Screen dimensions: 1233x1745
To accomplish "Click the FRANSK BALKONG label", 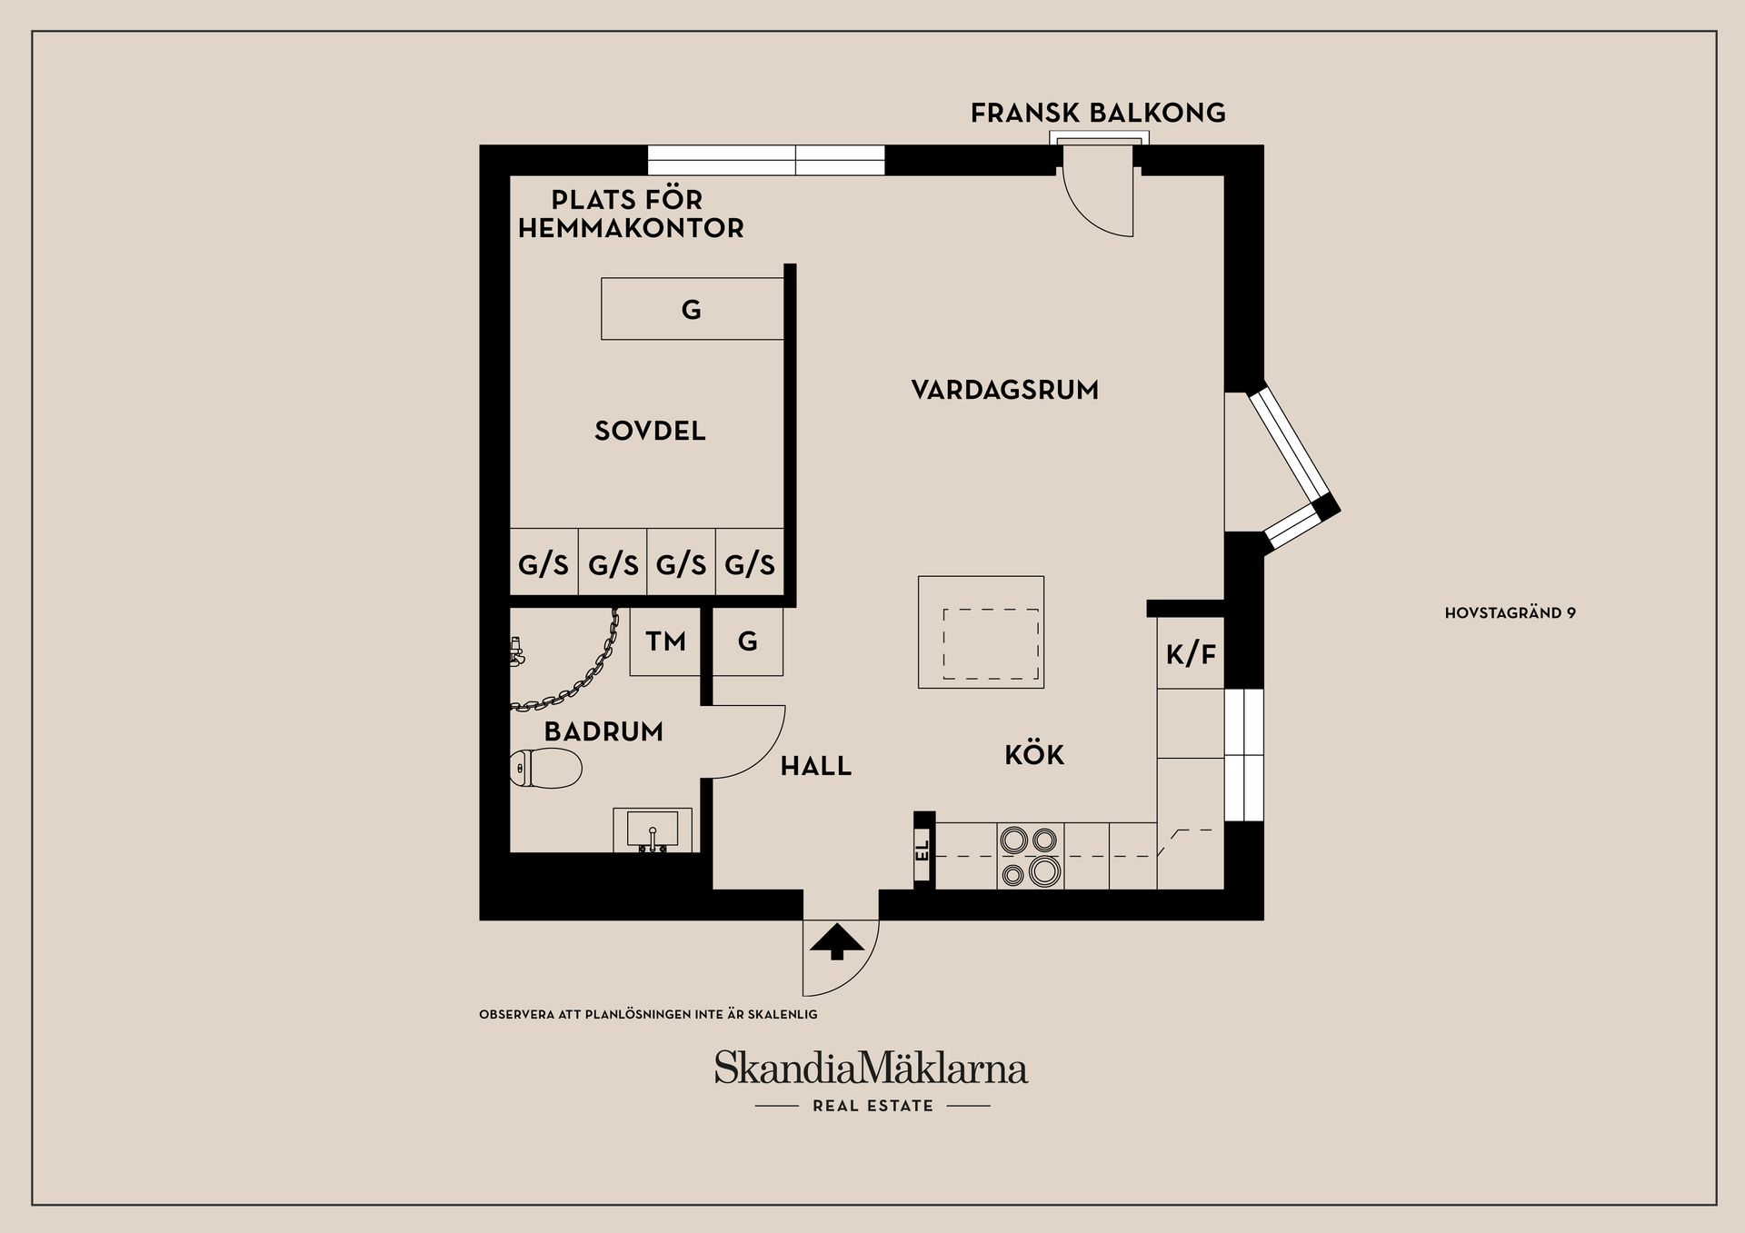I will coord(1098,113).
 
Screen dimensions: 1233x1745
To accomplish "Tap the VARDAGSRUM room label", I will coord(1004,390).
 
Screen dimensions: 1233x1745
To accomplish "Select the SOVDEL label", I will coord(650,431).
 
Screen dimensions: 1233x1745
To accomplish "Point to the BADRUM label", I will coord(603,731).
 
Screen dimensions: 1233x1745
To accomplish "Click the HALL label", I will coord(815,767).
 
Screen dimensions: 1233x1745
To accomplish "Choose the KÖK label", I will coord(1034,755).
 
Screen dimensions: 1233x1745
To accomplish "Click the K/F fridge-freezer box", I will coord(1191,653).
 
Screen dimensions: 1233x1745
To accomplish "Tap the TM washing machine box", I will coord(665,642).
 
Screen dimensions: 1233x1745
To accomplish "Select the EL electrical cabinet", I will coord(923,850).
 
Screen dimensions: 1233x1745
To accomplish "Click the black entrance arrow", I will coord(837,942).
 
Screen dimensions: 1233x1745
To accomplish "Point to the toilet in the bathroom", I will coord(546,769).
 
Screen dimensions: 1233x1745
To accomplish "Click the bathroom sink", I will coord(652,830).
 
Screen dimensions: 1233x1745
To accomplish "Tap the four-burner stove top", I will coord(1030,856).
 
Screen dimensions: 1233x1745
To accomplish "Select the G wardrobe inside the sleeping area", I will coord(692,309).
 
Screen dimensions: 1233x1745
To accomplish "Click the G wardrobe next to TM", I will coord(747,642).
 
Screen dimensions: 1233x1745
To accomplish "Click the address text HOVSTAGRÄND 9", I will coord(1510,613).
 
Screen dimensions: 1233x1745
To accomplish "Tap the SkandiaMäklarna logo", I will coord(871,1069).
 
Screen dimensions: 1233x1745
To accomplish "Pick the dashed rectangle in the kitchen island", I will coord(991,644).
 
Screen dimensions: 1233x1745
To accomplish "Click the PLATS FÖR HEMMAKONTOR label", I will coord(630,214).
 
